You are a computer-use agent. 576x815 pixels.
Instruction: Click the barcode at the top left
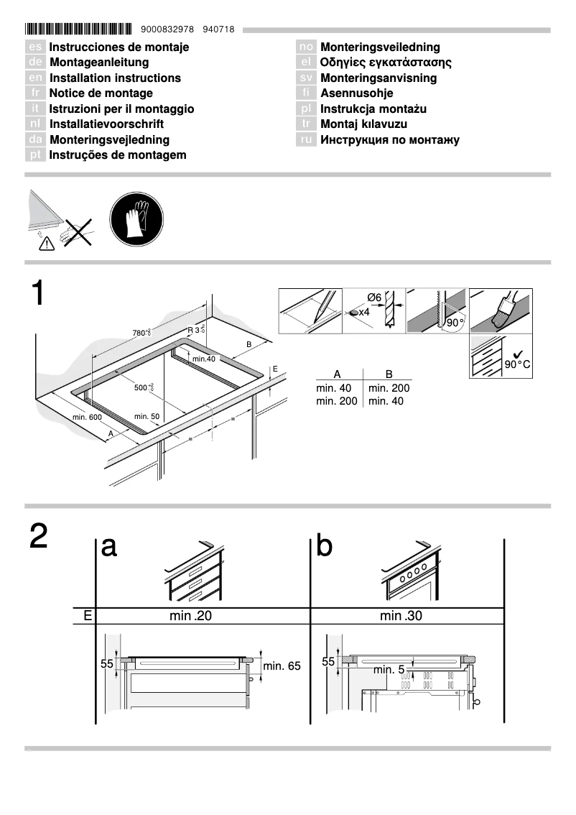[x=78, y=29]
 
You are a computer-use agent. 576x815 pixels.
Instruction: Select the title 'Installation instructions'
[x=115, y=78]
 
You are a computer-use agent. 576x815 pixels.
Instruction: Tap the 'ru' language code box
[x=306, y=139]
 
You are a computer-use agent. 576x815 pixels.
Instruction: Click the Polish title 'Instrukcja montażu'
[x=373, y=109]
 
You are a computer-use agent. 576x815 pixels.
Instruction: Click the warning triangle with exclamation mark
[x=46, y=244]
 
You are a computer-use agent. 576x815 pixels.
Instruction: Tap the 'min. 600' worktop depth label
[x=87, y=417]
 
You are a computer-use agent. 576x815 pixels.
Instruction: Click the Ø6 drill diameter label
[x=373, y=298]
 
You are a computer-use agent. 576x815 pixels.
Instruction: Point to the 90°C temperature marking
[x=517, y=364]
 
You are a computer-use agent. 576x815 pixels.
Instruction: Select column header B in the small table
[x=389, y=374]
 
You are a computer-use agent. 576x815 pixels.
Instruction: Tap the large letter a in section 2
[x=109, y=547]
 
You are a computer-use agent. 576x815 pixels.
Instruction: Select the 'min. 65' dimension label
[x=282, y=666]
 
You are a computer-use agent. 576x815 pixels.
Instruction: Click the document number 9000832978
[x=168, y=29]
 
